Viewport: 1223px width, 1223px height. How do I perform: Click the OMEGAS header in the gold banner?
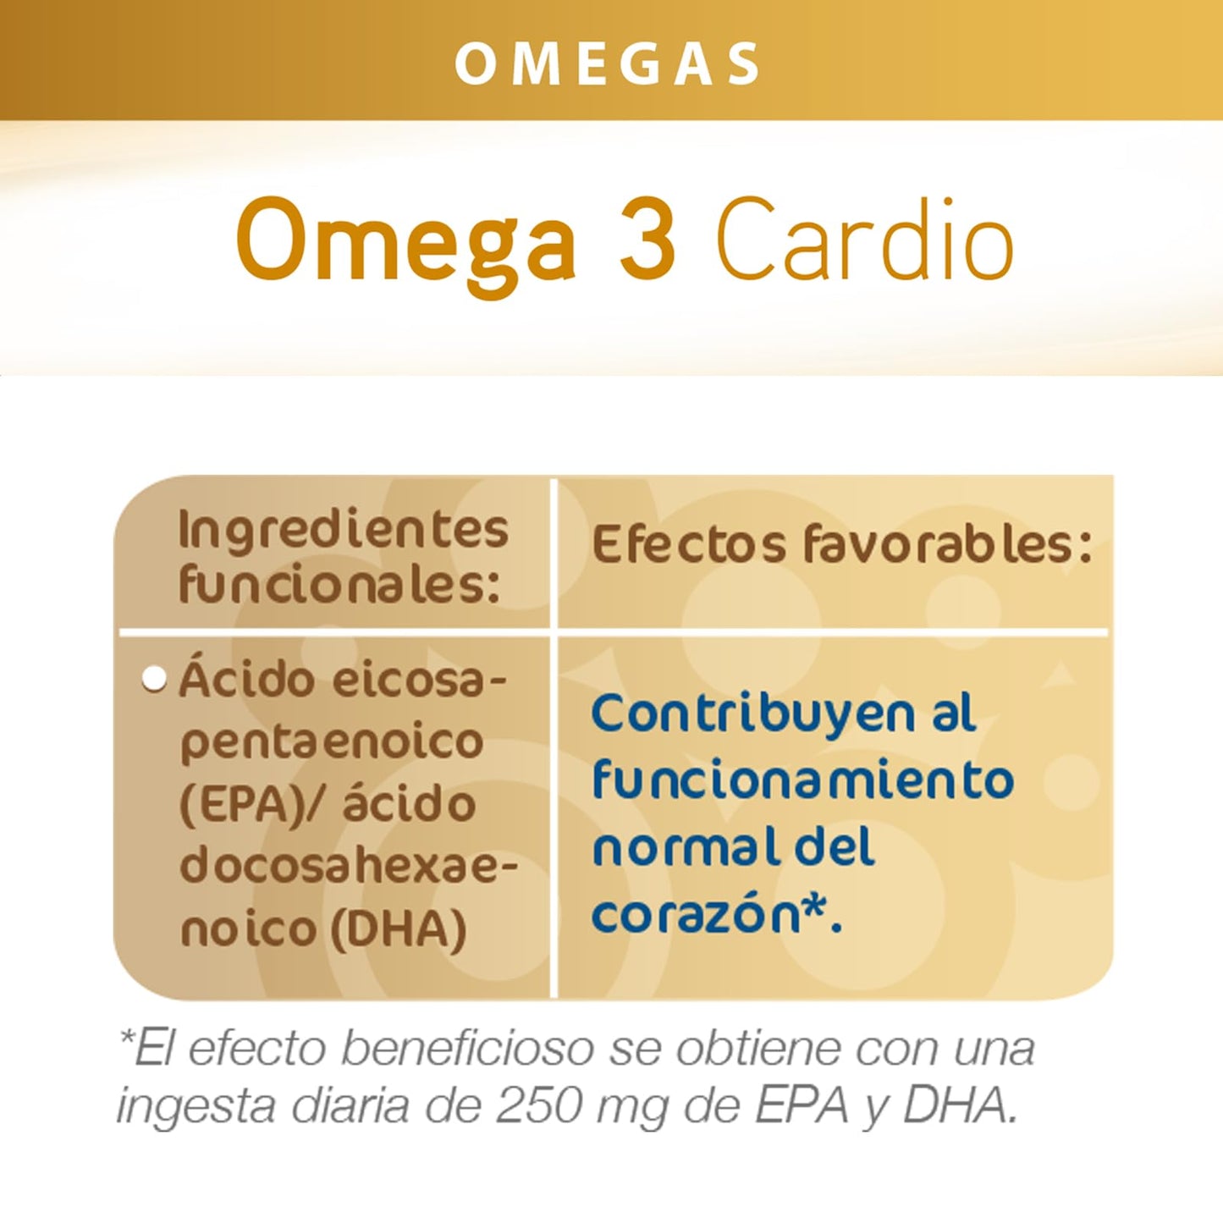pos(608,63)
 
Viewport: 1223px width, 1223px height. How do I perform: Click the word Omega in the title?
pos(405,241)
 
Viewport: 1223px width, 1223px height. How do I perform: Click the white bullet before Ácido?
pos(154,680)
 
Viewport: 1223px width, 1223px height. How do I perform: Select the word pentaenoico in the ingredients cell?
pos(331,741)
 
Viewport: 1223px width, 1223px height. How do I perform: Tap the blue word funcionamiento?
pos(802,780)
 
